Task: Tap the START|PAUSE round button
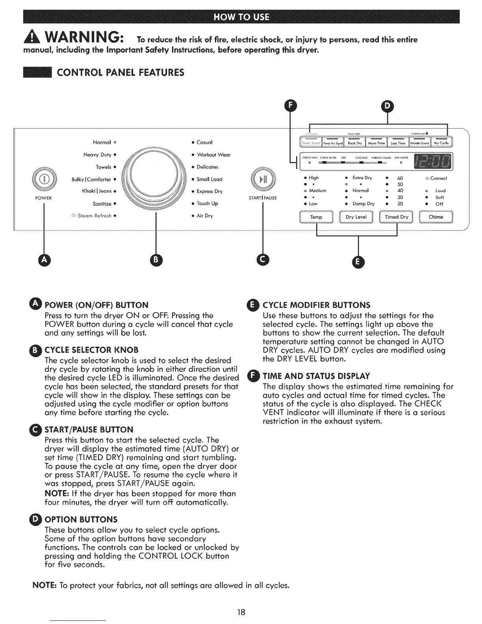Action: [263, 180]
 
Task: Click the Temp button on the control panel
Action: [316, 217]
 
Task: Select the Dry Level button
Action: [356, 217]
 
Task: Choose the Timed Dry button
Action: [396, 217]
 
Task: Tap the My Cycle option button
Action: [441, 143]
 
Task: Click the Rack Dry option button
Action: [355, 143]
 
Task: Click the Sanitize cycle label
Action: [102, 204]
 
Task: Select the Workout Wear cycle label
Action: [213, 155]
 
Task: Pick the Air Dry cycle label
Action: [205, 216]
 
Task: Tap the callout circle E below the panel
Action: [358, 262]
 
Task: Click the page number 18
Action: [241, 612]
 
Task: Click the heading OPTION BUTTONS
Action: [81, 519]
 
